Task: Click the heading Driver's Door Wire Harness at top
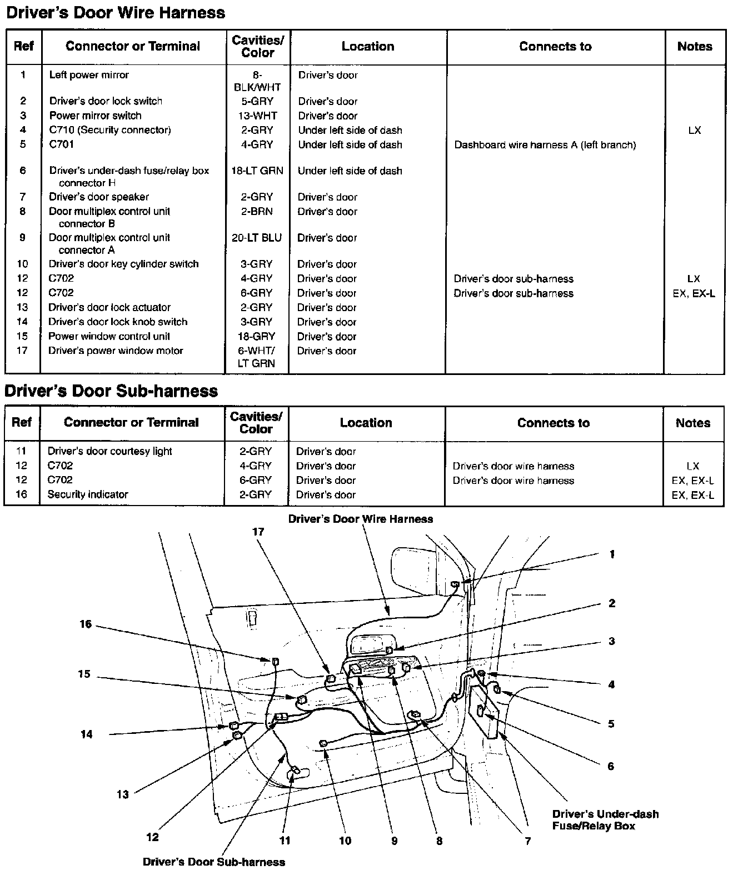click(x=116, y=13)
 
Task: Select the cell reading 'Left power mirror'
click(x=89, y=75)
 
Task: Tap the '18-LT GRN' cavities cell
click(x=257, y=171)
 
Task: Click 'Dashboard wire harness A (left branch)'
click(x=545, y=145)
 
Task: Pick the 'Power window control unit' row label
click(x=109, y=336)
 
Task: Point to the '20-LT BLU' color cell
click(x=257, y=238)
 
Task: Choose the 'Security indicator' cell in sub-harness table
click(x=88, y=494)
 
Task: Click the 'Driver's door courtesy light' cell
click(x=109, y=451)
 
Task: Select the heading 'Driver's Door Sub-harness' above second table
click(x=111, y=391)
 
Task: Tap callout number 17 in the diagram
click(x=258, y=532)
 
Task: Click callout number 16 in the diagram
click(x=85, y=624)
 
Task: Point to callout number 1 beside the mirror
click(x=612, y=554)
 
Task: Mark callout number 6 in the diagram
click(x=611, y=766)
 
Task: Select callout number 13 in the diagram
click(x=122, y=794)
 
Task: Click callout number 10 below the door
click(x=345, y=841)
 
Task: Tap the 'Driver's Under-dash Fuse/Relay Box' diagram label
click(x=605, y=819)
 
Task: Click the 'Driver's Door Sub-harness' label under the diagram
click(x=214, y=862)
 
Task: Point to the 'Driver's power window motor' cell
click(x=116, y=351)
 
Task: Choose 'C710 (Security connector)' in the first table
click(x=110, y=130)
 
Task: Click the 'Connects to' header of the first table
click(x=555, y=47)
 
